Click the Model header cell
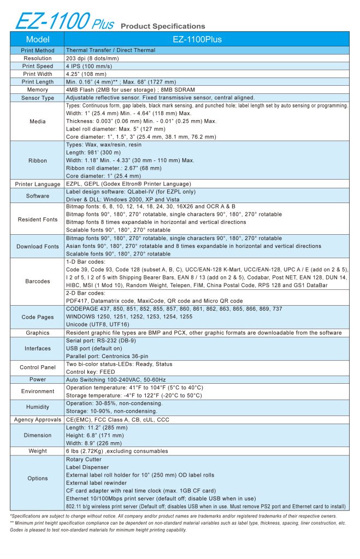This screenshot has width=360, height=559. (x=38, y=39)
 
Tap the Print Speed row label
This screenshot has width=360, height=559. (x=38, y=66)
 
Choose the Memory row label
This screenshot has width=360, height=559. (x=38, y=90)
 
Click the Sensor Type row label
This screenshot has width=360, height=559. (x=38, y=98)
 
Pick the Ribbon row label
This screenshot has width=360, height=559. (x=38, y=160)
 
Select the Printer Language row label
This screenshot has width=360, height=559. (x=38, y=185)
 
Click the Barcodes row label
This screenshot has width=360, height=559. (x=38, y=282)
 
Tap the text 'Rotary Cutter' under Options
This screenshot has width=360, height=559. (x=84, y=460)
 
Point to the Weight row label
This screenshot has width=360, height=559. (x=38, y=451)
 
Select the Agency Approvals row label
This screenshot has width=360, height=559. (x=38, y=419)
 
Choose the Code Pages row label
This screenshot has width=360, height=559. (x=38, y=317)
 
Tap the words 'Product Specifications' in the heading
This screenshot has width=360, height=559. (x=163, y=26)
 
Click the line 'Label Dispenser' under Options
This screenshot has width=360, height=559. (x=87, y=467)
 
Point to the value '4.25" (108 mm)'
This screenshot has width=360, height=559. (x=86, y=74)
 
